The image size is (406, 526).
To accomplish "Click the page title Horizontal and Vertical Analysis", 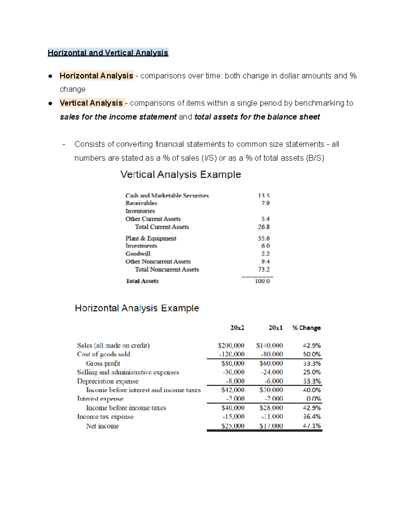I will (x=108, y=53).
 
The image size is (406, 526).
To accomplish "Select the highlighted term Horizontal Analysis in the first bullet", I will (x=96, y=76).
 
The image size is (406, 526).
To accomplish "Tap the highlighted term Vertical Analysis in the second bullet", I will (x=91, y=103).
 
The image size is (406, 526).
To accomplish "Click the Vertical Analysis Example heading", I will (x=181, y=175).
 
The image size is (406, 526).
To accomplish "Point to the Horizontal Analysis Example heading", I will (x=137, y=308).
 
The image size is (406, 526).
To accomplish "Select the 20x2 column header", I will (x=237, y=328).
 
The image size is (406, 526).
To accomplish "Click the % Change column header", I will (x=306, y=328).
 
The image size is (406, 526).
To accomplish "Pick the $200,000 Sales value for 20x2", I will (x=231, y=345).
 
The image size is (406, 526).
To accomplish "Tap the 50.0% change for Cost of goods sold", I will (x=312, y=354).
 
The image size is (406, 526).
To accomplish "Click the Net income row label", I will (x=102, y=426).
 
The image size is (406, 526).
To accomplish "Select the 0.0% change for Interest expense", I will (x=313, y=399).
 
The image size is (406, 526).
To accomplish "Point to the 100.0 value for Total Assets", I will (x=262, y=281).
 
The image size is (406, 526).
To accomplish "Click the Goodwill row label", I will (x=138, y=254).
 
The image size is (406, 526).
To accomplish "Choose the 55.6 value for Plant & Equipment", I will (x=264, y=238).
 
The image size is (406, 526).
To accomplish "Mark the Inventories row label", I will (x=140, y=211).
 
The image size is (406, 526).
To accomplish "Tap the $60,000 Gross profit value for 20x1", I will (x=271, y=363).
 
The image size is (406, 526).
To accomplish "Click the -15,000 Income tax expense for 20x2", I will (x=233, y=417).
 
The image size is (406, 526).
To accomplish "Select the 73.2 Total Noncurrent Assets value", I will (x=264, y=270).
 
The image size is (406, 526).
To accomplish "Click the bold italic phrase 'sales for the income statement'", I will (x=118, y=117).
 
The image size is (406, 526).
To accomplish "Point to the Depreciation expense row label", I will (x=108, y=381).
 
